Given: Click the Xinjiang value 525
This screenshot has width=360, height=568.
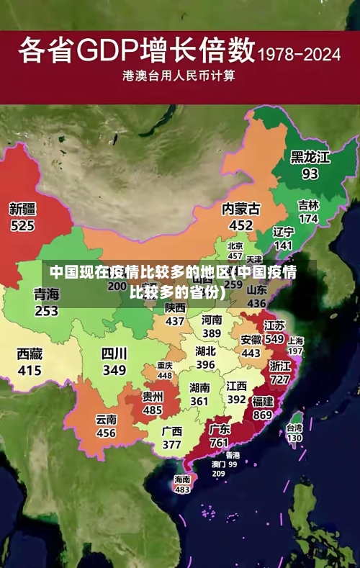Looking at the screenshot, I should click(22, 225).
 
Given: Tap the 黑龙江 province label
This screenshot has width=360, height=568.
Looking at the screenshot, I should click(310, 157).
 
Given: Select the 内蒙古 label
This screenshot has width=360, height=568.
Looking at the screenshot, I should click(240, 209).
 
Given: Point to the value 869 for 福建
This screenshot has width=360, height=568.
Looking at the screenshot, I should click(262, 415).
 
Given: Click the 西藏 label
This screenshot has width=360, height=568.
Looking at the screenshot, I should click(30, 353).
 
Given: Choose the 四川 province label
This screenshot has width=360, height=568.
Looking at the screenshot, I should click(114, 353).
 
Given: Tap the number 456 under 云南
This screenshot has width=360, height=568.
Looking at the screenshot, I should click(106, 433).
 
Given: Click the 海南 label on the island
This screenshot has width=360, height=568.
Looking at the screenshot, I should click(182, 479).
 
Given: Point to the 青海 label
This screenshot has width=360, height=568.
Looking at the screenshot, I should click(46, 294).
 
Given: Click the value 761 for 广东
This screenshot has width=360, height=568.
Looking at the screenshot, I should click(219, 443).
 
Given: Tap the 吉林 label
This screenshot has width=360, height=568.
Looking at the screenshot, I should click(308, 205).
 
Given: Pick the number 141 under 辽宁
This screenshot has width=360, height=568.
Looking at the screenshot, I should click(284, 245).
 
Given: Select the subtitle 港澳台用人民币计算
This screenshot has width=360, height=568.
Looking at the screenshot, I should click(179, 74).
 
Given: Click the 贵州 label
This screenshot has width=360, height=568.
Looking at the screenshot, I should click(152, 396).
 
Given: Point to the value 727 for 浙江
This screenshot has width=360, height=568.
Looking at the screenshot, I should click(280, 379).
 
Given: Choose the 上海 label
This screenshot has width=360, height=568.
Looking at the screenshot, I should click(295, 340).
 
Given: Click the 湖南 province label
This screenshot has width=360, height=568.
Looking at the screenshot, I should click(199, 387).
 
